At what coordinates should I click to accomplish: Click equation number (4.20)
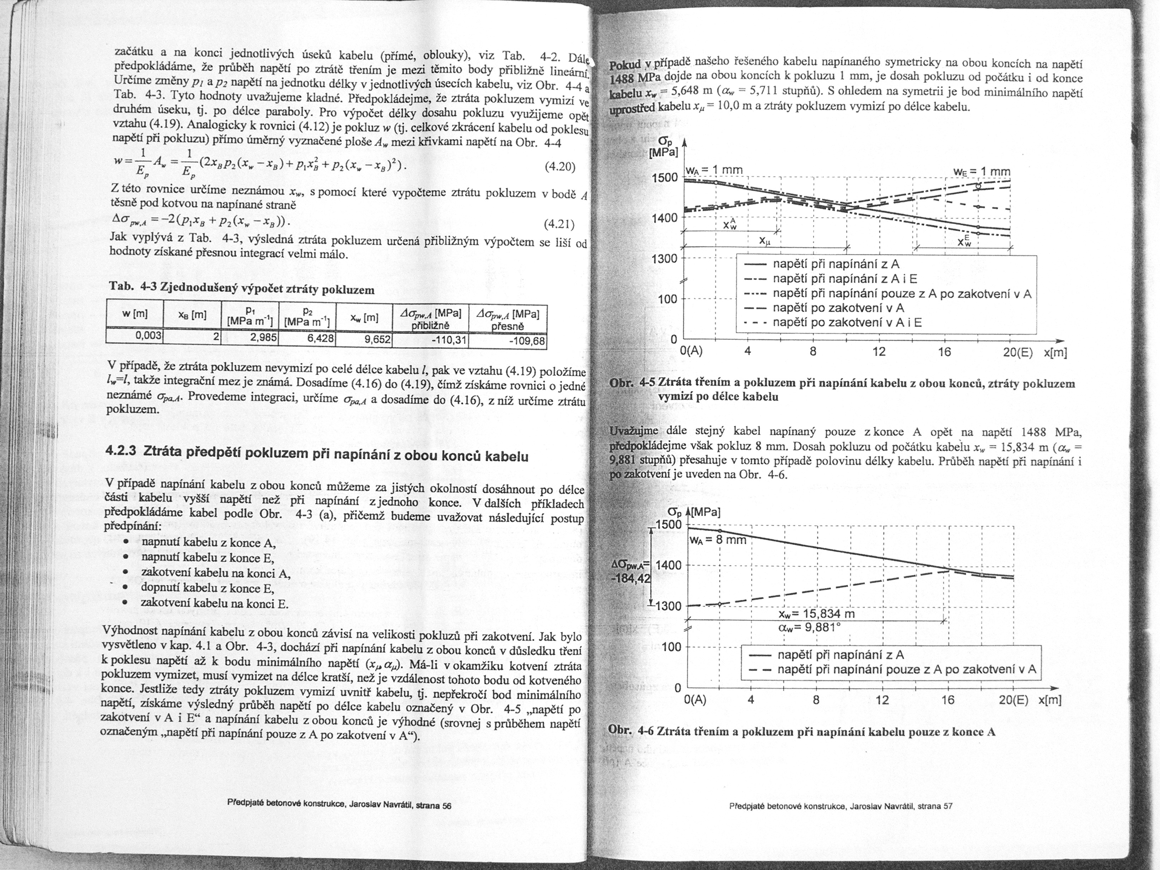pyautogui.click(x=560, y=167)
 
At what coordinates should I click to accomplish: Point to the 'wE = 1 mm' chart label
pyautogui.click(x=981, y=172)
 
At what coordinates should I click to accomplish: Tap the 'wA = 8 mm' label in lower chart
pyautogui.click(x=719, y=539)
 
